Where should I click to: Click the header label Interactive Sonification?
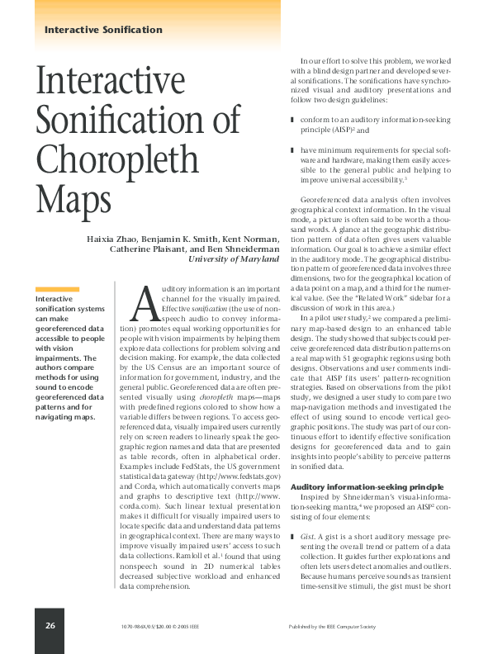pyautogui.click(x=103, y=30)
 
